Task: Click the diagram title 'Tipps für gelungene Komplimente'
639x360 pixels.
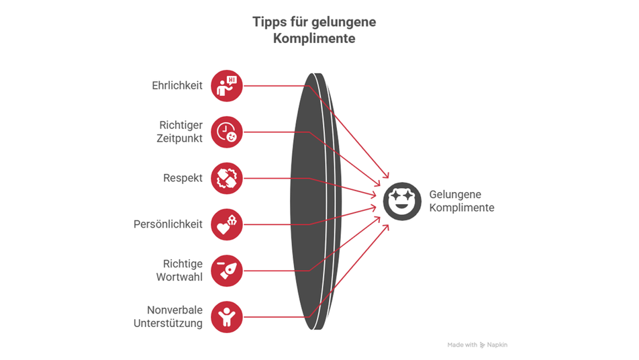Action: (314, 30)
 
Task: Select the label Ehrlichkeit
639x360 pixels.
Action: (177, 86)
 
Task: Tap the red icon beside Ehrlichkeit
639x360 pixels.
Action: (227, 86)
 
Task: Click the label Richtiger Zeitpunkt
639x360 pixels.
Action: (180, 132)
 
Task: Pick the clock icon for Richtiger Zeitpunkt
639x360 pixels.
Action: (227, 132)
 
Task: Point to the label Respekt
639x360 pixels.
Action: (183, 179)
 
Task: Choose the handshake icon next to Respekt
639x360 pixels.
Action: (227, 179)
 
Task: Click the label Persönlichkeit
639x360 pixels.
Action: (168, 224)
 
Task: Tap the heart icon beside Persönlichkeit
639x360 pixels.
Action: (227, 224)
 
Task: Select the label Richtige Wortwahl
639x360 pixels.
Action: (183, 270)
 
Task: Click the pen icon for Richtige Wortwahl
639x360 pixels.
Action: (227, 270)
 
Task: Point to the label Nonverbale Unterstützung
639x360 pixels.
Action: (175, 316)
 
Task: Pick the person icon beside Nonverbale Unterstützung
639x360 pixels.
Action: (227, 316)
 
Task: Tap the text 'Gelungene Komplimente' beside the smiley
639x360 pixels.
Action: (461, 201)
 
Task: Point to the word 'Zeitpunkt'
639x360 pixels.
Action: (180, 138)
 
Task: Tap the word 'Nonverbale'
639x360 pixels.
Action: (175, 310)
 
